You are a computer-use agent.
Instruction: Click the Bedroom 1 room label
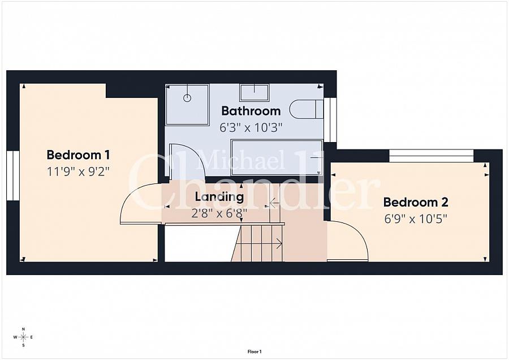pyautogui.click(x=78, y=155)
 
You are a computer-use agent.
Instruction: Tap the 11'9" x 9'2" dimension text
pyautogui.click(x=78, y=172)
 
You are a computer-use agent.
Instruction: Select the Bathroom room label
pyautogui.click(x=251, y=111)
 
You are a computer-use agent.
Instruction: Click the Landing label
pyautogui.click(x=219, y=197)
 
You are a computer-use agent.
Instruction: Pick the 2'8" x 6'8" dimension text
pyautogui.click(x=219, y=213)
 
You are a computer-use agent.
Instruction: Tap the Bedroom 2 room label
pyautogui.click(x=416, y=202)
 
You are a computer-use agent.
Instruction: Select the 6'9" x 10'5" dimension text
pyautogui.click(x=416, y=218)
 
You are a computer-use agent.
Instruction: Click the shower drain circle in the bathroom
pyautogui.click(x=187, y=97)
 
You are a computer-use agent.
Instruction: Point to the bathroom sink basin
pyautogui.click(x=254, y=93)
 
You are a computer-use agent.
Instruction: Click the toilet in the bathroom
pyautogui.click(x=306, y=109)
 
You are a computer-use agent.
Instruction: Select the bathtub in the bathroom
pyautogui.click(x=277, y=157)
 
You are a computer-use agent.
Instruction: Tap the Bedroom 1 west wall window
pyautogui.click(x=13, y=175)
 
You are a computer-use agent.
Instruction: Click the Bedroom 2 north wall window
pyautogui.click(x=431, y=156)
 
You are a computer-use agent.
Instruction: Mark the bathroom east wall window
pyautogui.click(x=330, y=119)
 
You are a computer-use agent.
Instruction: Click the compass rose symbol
pyautogui.click(x=23, y=337)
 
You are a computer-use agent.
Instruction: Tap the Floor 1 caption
pyautogui.click(x=255, y=352)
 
